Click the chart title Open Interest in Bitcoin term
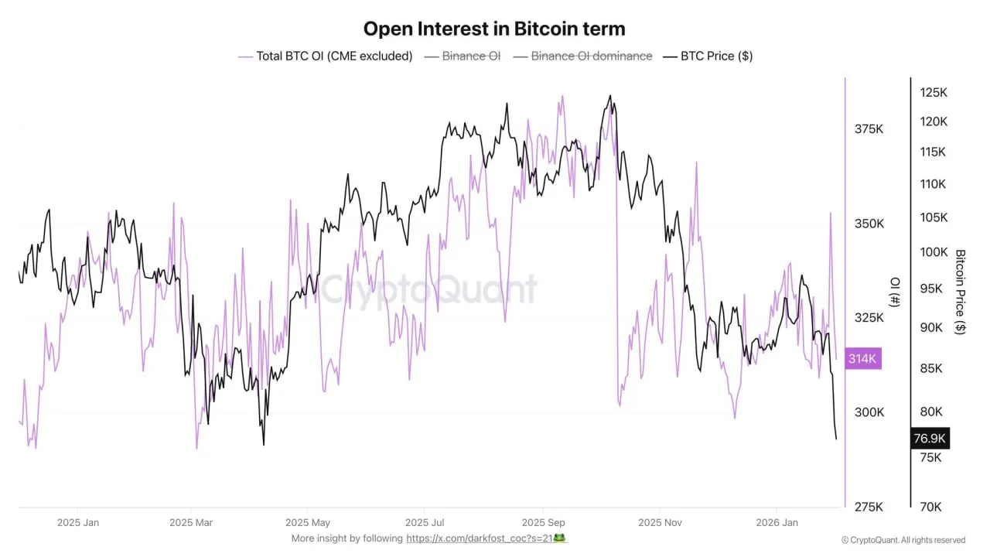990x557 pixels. (494, 29)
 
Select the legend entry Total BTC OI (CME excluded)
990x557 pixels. (333, 56)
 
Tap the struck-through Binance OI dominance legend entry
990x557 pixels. (591, 56)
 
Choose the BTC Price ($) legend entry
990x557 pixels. (716, 56)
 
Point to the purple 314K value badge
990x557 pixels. (862, 358)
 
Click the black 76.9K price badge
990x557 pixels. (929, 439)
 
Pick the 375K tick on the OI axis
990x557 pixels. (869, 129)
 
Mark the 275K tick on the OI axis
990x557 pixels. (869, 507)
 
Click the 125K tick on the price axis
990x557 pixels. (933, 93)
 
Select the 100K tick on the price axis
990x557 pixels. (933, 252)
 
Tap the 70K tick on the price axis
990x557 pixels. (930, 507)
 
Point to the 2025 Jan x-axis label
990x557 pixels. (78, 522)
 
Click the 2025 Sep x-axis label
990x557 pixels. (543, 522)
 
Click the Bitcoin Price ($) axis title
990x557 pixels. (961, 291)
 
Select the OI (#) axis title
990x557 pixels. (895, 292)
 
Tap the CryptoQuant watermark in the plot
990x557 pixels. (428, 289)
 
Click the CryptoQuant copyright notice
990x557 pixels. (903, 540)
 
